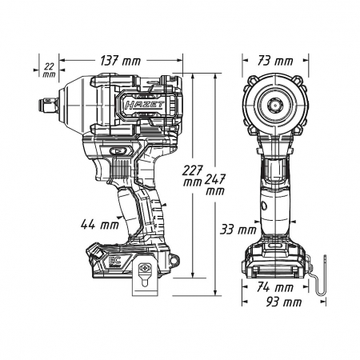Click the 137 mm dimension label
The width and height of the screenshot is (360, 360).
click(x=120, y=61)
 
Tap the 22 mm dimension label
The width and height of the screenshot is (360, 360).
click(x=50, y=70)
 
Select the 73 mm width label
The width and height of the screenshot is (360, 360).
click(x=275, y=61)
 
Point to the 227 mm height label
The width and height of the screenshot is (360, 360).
click(x=193, y=176)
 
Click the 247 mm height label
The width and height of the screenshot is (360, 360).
click(x=215, y=184)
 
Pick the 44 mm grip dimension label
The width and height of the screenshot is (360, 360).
click(x=100, y=225)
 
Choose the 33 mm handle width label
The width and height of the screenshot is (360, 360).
click(x=238, y=230)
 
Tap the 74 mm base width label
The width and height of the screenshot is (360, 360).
click(x=275, y=287)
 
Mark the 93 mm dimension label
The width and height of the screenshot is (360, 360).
click(x=284, y=302)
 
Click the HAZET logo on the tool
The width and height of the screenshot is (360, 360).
click(x=144, y=105)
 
